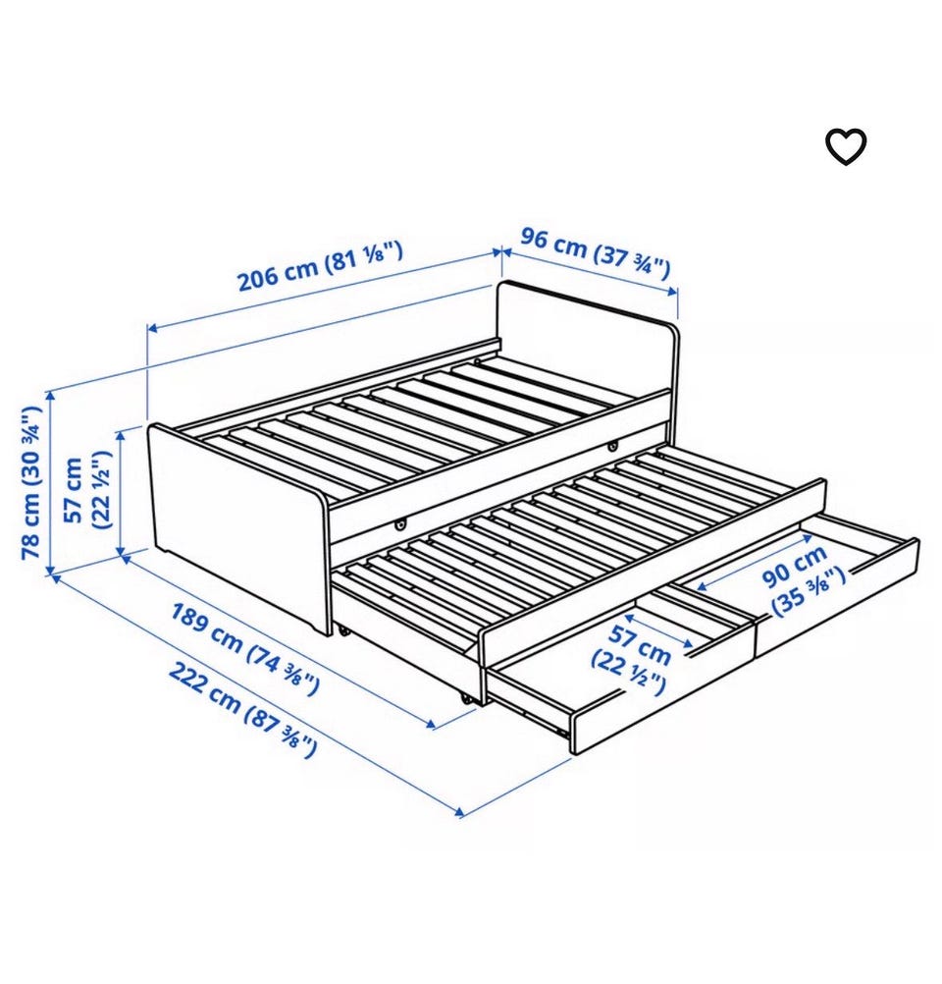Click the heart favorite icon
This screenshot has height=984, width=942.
[x=846, y=147]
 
